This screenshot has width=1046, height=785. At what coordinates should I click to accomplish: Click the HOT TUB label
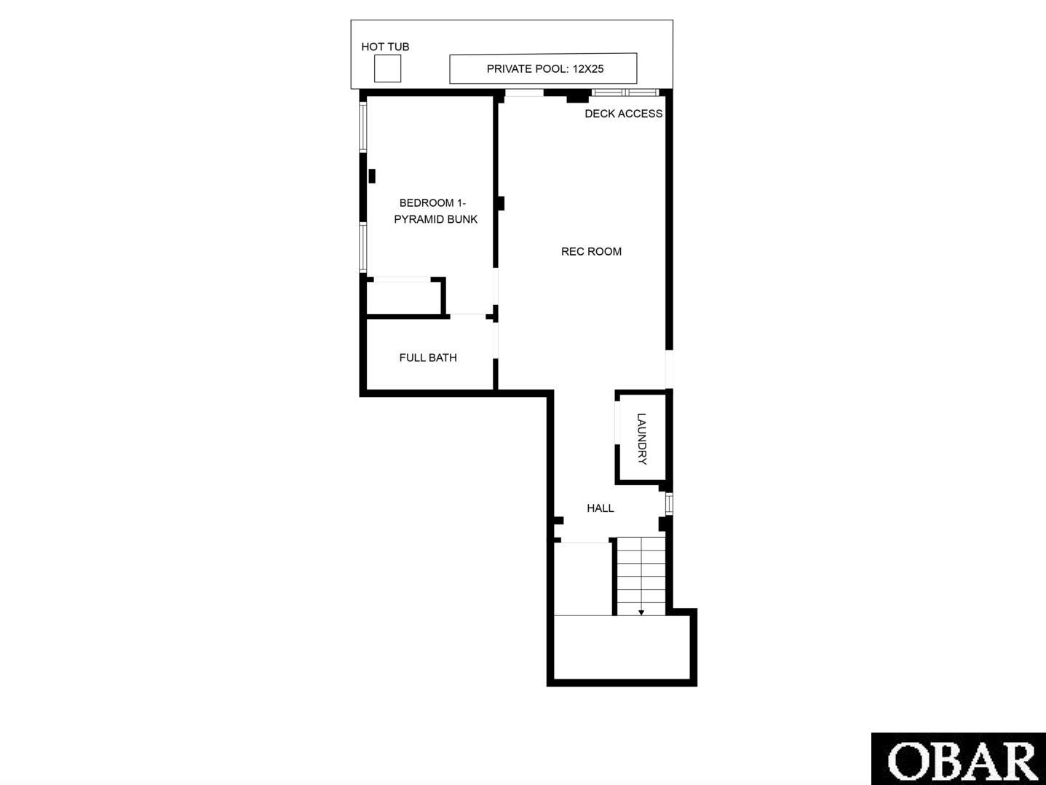coord(385,47)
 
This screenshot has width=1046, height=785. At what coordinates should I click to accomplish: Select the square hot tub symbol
coord(387,68)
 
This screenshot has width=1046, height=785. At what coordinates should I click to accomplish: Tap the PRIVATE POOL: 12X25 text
coord(544,68)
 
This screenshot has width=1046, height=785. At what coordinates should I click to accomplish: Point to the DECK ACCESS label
coord(623,114)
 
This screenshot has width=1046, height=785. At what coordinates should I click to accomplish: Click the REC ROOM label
coord(591,251)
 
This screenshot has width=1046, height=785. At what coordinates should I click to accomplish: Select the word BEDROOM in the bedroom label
coord(426,203)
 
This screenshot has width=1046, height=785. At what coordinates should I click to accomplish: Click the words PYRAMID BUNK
coord(435,219)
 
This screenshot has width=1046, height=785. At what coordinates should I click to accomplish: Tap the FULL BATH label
coord(428,358)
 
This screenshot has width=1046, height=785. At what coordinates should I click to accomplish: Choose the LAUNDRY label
coord(642,439)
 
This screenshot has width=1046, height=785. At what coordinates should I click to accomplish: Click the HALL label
coord(600,508)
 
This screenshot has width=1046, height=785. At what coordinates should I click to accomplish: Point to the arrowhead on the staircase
coord(641,612)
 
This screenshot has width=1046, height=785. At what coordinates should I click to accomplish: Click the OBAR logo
coord(959,759)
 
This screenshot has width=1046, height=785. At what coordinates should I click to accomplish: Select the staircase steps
coord(641,576)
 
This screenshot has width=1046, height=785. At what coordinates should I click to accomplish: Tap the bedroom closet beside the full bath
coord(404,297)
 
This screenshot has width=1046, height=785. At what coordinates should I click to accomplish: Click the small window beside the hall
coord(669,504)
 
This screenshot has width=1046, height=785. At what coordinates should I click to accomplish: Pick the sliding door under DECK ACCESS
coord(625,92)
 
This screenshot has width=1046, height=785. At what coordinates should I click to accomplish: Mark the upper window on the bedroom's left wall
coord(363,127)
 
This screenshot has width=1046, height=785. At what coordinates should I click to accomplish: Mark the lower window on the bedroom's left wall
coord(363,247)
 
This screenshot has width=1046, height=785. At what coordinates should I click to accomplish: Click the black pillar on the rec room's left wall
coord(500,203)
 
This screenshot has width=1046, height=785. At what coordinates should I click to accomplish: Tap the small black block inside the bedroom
coord(372,176)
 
